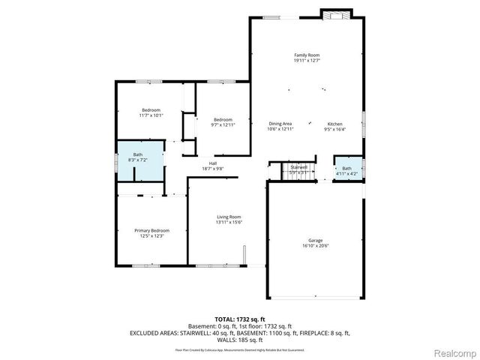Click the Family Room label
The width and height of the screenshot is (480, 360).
pos(306,55)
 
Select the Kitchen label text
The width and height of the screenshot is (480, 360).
pos(334,124)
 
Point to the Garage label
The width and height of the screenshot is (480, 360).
pos(315,240)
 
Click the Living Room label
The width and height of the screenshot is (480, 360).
pos(228,217)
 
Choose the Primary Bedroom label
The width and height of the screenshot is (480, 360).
pos(151,230)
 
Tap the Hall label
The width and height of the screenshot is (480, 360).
pos(212,163)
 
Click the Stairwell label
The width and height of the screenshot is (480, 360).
pos(299,166)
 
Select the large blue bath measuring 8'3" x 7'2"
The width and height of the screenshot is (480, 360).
pos(137,157)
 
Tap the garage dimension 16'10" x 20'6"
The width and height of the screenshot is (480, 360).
pos(315,246)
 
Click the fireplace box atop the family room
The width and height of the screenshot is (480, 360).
pos(330,13)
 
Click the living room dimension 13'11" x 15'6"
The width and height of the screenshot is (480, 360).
pos(228,223)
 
